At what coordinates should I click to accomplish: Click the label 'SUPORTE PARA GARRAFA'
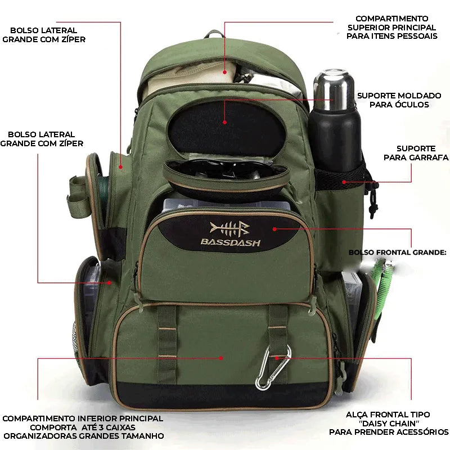click(416, 153)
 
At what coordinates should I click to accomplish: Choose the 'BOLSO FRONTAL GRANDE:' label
click(397, 253)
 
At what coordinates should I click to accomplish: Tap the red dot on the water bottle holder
click(344, 182)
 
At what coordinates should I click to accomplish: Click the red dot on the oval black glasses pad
click(224, 121)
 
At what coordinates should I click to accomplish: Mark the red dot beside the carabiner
click(276, 357)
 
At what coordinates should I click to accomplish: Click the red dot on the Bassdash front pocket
click(274, 228)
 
